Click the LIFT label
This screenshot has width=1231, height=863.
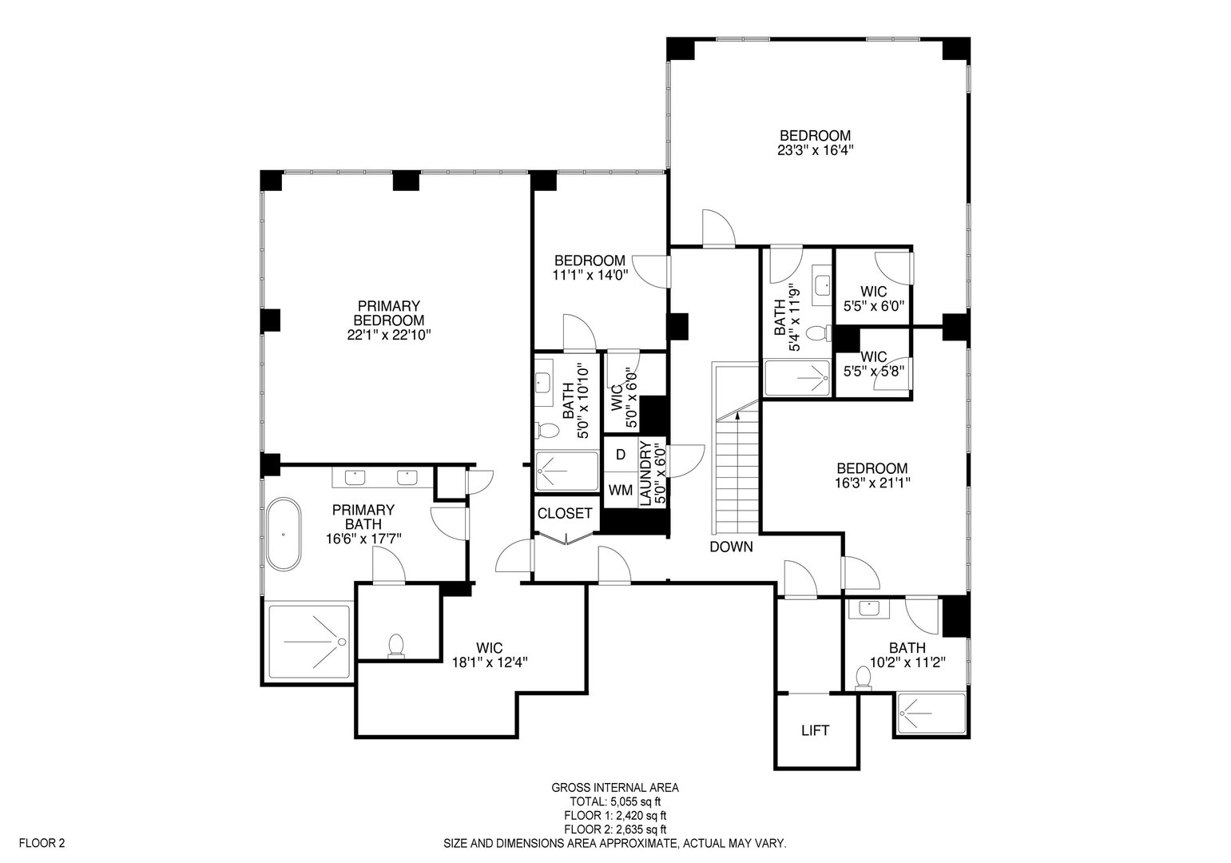pos(815,730)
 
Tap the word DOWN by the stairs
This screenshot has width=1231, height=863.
pos(731,547)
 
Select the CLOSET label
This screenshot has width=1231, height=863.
pos(565,514)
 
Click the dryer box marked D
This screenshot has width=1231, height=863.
pos(620,455)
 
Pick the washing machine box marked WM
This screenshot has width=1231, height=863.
pos(620,488)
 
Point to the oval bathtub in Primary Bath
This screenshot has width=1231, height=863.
pos(283,534)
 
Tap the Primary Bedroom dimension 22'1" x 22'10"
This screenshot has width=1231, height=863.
pos(389,335)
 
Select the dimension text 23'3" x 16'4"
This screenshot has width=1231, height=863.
pos(815,149)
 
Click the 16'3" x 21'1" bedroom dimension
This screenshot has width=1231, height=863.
pos(872,483)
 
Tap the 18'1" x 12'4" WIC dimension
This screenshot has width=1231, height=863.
pos(490,662)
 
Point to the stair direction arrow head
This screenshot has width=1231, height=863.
pos(737,414)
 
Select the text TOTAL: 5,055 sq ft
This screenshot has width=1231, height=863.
pos(615,801)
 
